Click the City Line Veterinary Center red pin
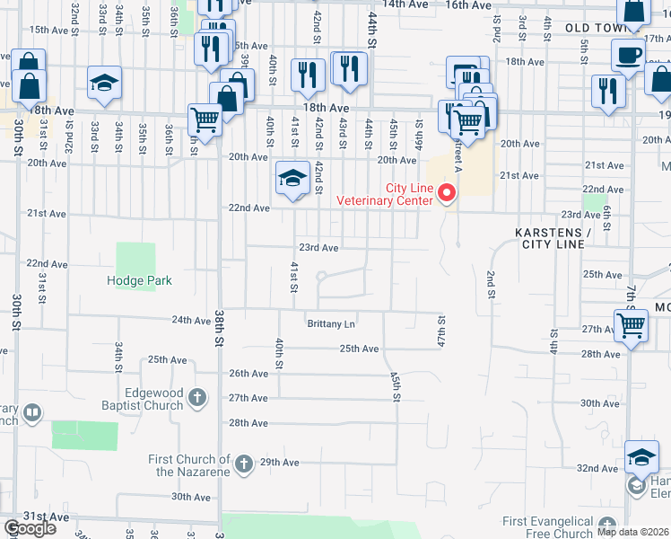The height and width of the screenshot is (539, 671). [x=446, y=191]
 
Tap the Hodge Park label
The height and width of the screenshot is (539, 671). [x=139, y=280]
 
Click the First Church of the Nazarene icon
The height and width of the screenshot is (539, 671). [x=243, y=464]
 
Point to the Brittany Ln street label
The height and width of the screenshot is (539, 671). [x=331, y=323]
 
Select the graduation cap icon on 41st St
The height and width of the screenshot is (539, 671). [x=292, y=179]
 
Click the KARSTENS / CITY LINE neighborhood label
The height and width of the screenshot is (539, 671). [x=553, y=238]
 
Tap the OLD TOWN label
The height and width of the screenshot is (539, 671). [x=594, y=29]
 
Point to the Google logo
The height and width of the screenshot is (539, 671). [x=30, y=528]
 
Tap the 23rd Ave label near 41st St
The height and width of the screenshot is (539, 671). [x=318, y=248]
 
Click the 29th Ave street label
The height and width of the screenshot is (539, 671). [x=279, y=463]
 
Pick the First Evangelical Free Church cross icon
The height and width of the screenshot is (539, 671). [x=608, y=526]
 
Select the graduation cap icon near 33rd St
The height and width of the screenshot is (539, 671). [x=104, y=84]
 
